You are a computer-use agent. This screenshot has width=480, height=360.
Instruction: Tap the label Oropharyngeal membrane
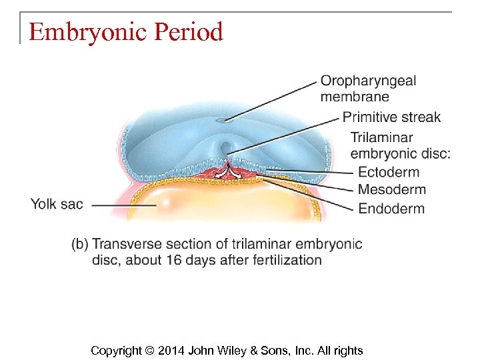coord(368,89)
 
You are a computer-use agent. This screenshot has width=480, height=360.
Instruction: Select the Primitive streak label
coord(391,117)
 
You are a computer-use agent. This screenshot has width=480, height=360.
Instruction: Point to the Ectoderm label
coord(389,172)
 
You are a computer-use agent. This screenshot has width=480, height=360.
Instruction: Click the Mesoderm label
coord(391,189)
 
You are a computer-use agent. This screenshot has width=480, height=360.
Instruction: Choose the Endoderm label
coord(391,209)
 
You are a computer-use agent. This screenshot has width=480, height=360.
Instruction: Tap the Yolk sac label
coord(57,204)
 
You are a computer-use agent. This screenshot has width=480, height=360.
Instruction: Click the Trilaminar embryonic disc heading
coord(400,145)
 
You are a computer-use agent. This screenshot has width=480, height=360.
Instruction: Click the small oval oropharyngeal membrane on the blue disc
coord(225,121)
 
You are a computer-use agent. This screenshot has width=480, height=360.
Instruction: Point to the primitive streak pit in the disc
coord(225,147)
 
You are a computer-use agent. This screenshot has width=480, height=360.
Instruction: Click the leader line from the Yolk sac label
coord(123,205)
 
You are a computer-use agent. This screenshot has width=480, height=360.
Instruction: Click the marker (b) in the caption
coord(80,243)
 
